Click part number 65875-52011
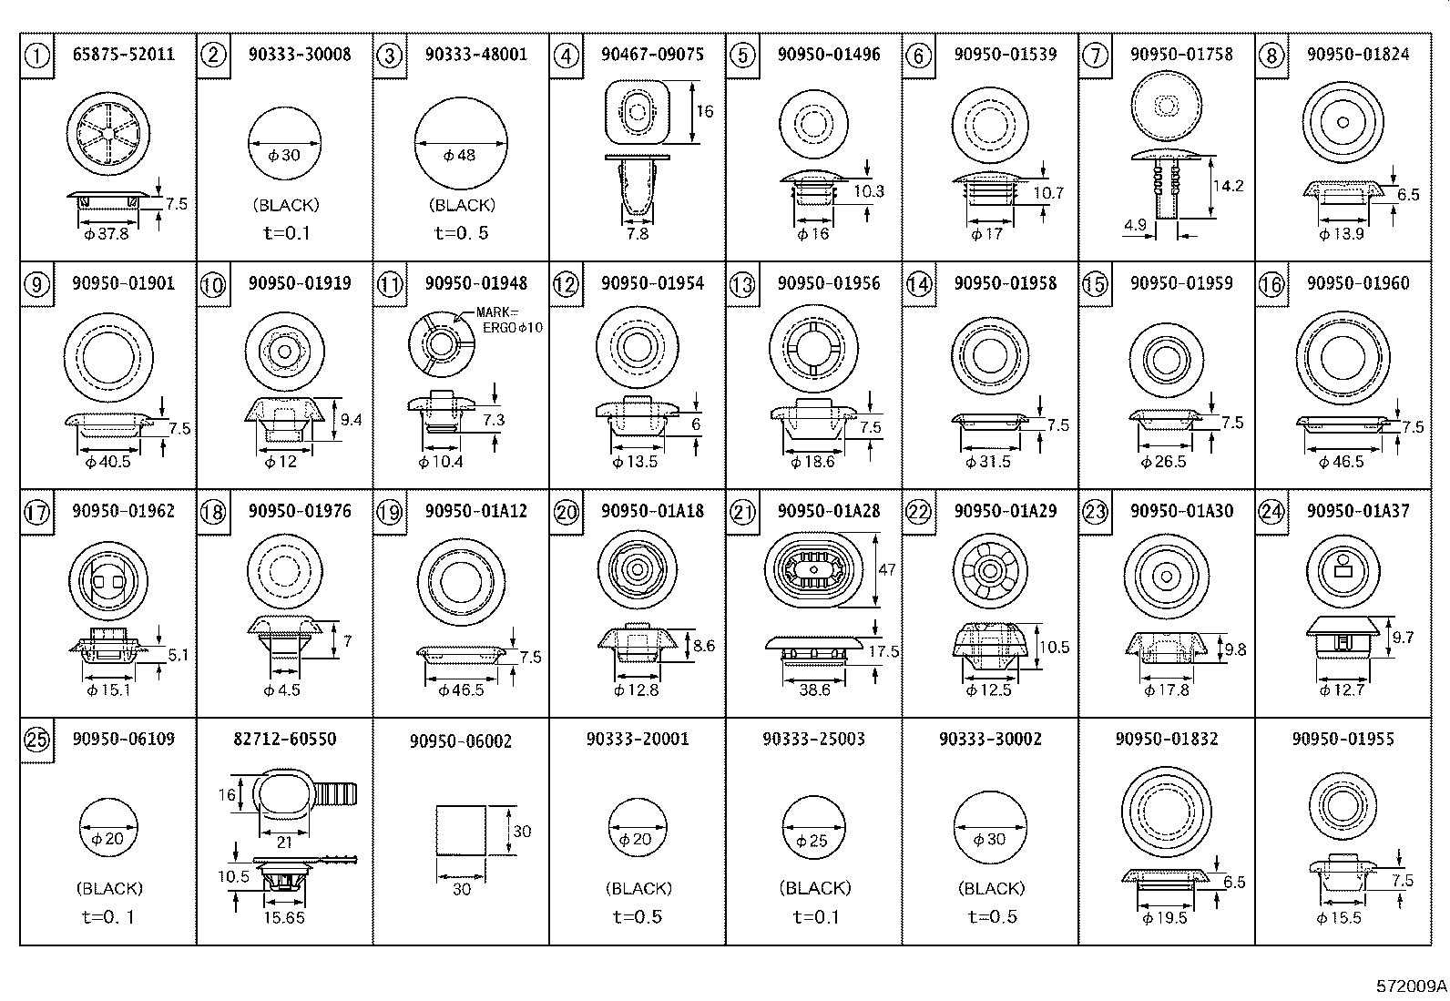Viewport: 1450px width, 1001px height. (123, 55)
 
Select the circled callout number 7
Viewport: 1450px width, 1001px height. (1095, 56)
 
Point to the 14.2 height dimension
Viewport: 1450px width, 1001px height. (1228, 186)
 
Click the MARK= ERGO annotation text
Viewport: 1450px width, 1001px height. (509, 320)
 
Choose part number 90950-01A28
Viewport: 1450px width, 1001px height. (829, 511)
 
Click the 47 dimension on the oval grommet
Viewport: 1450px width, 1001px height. (886, 570)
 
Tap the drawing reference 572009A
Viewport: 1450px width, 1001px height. (1411, 986)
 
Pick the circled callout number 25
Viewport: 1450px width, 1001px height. (36, 741)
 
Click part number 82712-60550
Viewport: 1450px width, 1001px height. (284, 739)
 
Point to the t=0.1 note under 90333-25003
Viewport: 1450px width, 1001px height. (816, 917)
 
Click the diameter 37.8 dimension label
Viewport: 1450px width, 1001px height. (107, 234)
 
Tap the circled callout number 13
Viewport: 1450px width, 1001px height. (742, 285)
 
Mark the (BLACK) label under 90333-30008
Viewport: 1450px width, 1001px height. (286, 206)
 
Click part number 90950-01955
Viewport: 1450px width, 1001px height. (1343, 739)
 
